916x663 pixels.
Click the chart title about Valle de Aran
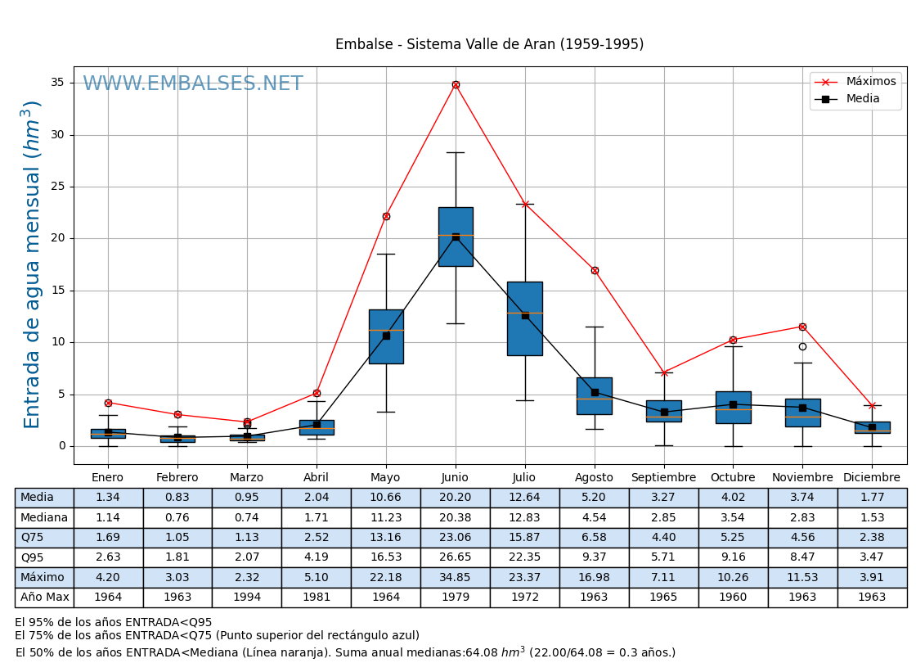tap(489, 44)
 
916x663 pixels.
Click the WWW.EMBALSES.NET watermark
tap(193, 84)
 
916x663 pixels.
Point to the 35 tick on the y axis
tap(57, 83)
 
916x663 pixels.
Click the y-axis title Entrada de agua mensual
tap(32, 264)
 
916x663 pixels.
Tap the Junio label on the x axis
tap(456, 478)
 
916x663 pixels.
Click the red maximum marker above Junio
tap(456, 84)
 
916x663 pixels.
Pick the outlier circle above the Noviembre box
tap(802, 346)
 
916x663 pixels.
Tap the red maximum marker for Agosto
tap(595, 270)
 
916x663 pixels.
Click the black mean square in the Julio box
tap(525, 315)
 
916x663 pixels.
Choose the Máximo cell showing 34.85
tap(455, 577)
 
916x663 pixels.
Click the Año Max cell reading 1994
tap(246, 598)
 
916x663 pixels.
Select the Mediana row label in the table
tap(44, 517)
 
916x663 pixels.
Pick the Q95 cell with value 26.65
tap(455, 557)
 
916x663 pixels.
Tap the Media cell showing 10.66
tap(385, 498)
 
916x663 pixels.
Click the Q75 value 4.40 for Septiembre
tap(663, 538)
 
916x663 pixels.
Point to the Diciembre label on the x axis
tap(872, 478)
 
